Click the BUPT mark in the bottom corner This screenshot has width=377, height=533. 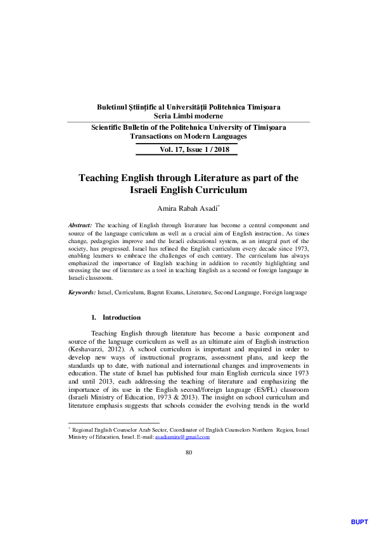pyautogui.click(x=359, y=522)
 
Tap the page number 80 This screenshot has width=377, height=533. pyautogui.click(x=188, y=452)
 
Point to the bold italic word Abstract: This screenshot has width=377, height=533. pyautogui.click(x=80, y=225)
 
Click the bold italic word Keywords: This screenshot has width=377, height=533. pyautogui.click(x=82, y=292)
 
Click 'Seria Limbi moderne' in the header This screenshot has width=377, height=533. pyautogui.click(x=188, y=116)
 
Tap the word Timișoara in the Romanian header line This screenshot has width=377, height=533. pyautogui.click(x=264, y=107)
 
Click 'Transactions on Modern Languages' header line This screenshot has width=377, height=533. pyautogui.click(x=188, y=136)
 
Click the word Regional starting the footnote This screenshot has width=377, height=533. pyautogui.click(x=86, y=430)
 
